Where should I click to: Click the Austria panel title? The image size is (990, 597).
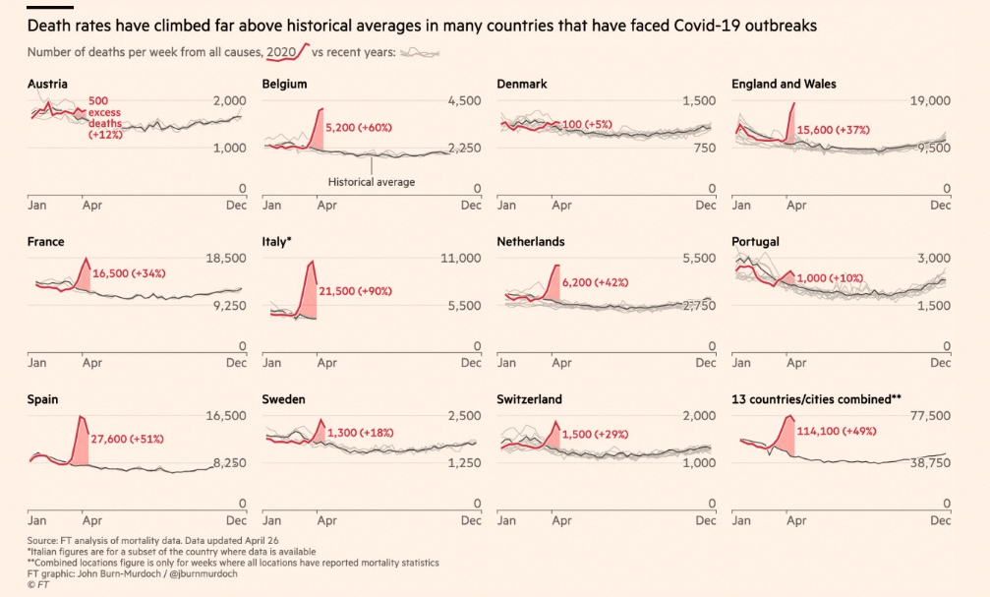click(x=47, y=85)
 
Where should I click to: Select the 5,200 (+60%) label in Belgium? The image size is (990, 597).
click(x=365, y=127)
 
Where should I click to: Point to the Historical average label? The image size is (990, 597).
click(x=372, y=182)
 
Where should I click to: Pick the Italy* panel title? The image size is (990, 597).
click(x=277, y=242)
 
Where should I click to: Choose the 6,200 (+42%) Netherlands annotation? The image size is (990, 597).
click(x=595, y=282)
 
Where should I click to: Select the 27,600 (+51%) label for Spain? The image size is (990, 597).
click(x=128, y=439)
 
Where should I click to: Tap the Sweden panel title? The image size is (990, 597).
click(x=283, y=399)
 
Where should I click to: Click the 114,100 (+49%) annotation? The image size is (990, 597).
click(x=836, y=431)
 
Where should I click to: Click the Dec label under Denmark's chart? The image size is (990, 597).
click(x=706, y=206)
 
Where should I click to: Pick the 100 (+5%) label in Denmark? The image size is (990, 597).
click(x=587, y=125)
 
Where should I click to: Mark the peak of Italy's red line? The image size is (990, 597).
click(x=312, y=262)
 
